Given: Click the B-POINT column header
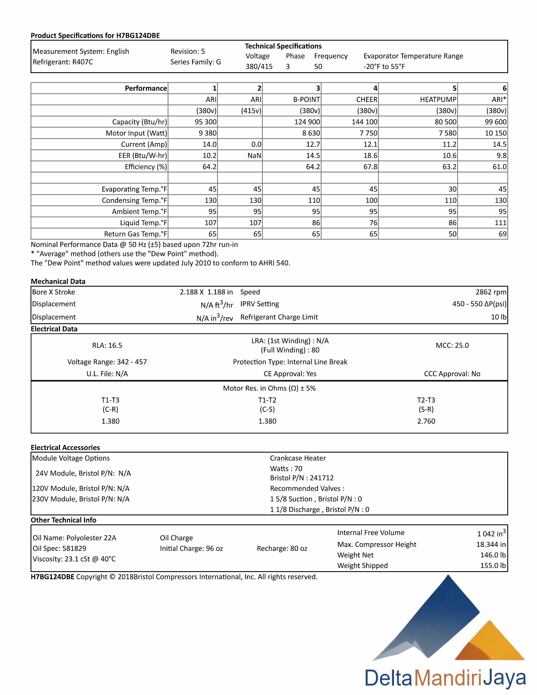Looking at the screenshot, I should tap(306, 100).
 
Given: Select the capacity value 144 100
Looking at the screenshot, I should tap(364, 122).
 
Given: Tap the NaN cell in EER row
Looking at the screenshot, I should tap(254, 156).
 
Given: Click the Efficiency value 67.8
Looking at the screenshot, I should tap(370, 167).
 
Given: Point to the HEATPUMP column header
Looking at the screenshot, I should tap(438, 100).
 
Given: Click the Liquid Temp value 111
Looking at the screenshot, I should tap(500, 223).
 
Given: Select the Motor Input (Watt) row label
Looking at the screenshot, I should tap(136, 133).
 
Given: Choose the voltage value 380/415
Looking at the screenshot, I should tap(259, 67).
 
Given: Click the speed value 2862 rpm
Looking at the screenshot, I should tap(490, 292).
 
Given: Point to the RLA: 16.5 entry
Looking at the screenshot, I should tap(107, 345).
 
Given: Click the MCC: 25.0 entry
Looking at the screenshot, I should tap(452, 345).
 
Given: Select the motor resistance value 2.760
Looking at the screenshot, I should tap(426, 421).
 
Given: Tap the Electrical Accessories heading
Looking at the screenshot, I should tap(65, 447).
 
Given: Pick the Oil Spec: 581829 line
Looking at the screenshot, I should tap(59, 548).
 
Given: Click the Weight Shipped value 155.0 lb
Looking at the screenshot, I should tap(493, 565).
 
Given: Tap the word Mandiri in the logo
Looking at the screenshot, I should tap(449, 678).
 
